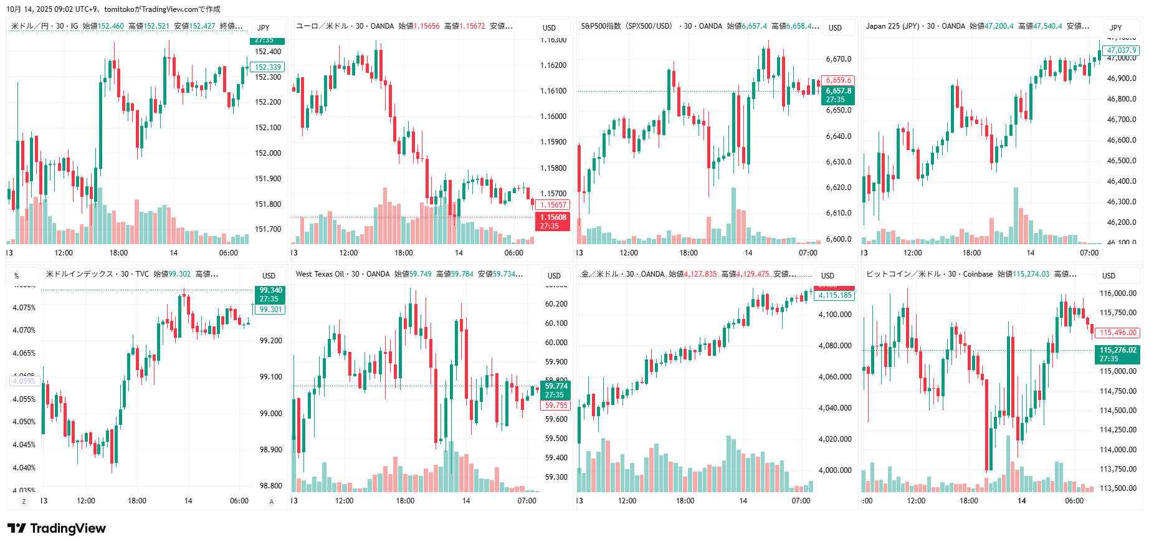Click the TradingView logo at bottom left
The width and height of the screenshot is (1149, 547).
point(57,528)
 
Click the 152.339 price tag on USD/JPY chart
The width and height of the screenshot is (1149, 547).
point(268,67)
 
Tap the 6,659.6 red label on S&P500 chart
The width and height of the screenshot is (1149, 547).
point(839,80)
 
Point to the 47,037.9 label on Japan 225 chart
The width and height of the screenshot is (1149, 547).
point(1122,50)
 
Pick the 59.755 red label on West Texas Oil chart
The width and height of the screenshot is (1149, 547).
point(556,406)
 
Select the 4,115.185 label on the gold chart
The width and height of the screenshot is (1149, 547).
point(835,295)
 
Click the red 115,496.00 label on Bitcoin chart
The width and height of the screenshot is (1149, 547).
point(1118,333)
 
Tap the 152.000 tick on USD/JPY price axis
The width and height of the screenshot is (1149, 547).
point(268,153)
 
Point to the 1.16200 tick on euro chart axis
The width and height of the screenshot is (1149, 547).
point(553,65)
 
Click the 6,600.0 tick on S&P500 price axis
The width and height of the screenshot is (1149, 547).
point(839,239)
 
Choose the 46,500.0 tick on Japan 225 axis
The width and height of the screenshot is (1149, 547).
point(1122,161)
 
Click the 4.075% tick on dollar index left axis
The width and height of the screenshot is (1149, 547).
point(24,308)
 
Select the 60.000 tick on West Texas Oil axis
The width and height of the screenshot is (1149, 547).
point(556,343)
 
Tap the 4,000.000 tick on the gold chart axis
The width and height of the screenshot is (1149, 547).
point(835,470)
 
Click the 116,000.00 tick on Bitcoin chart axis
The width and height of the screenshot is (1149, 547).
point(1118,293)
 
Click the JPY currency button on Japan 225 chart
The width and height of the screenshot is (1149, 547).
point(1116,28)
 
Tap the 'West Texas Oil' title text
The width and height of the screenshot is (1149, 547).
point(320,274)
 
